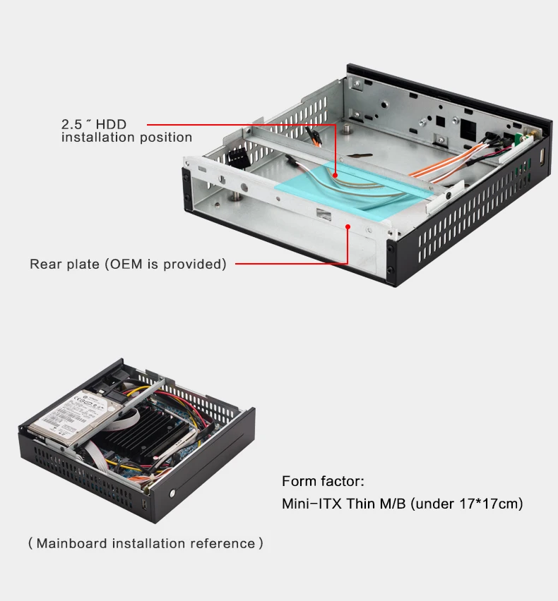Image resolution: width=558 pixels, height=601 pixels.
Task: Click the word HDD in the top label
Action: [111, 124]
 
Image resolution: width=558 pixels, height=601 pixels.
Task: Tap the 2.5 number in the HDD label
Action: [72, 124]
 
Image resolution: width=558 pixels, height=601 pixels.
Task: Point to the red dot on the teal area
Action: [335, 175]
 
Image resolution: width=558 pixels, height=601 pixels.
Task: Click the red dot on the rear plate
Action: [348, 226]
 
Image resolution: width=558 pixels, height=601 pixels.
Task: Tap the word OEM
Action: [126, 264]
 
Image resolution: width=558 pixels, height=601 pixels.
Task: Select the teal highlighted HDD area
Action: [353, 190]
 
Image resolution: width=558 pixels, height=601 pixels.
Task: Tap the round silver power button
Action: [172, 493]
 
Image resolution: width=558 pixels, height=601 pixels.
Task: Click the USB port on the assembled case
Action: [145, 504]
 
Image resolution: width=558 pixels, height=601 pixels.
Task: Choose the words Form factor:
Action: [323, 481]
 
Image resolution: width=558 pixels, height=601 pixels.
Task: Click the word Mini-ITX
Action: [311, 504]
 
